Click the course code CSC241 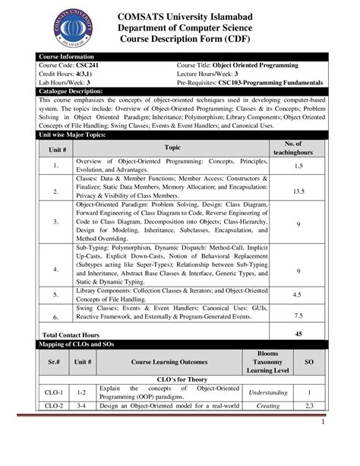click(x=88, y=66)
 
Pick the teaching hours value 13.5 click(x=298, y=192)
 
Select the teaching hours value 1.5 click(x=298, y=165)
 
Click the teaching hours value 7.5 click(x=298, y=315)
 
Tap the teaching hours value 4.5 click(x=298, y=293)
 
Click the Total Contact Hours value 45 click(x=298, y=334)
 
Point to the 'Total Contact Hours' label click(x=71, y=334)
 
